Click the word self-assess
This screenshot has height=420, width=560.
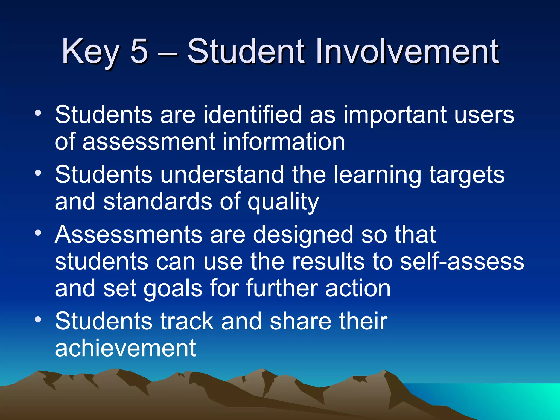pyautogui.click(x=462, y=261)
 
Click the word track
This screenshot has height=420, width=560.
pyautogui.click(x=187, y=321)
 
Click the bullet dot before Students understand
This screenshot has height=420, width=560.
pyautogui.click(x=38, y=173)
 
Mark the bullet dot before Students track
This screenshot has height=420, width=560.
pyautogui.click(x=38, y=319)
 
